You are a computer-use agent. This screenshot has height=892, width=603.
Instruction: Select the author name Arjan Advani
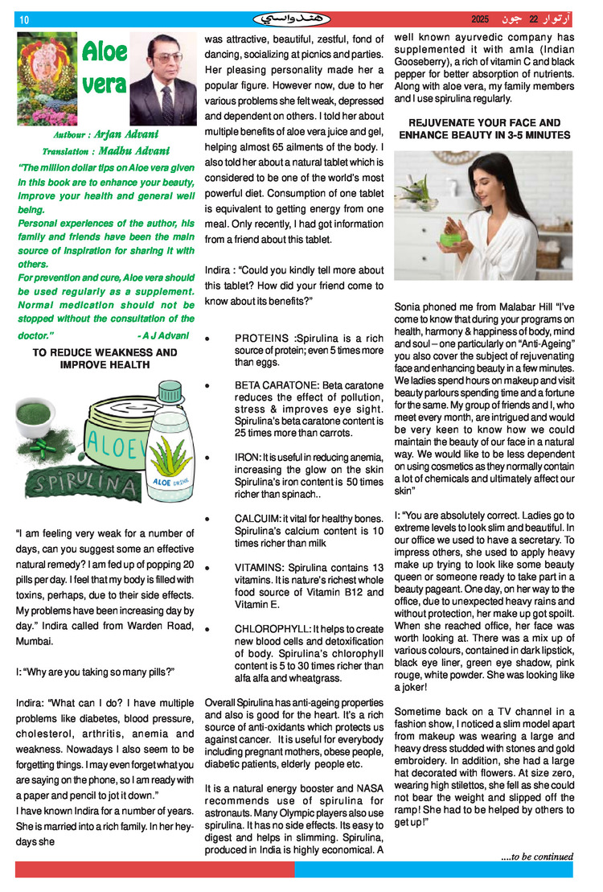click(127, 134)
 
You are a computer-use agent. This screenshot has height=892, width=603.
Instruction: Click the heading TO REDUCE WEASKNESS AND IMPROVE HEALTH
click(105, 359)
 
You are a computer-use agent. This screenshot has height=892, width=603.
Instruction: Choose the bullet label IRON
click(245, 457)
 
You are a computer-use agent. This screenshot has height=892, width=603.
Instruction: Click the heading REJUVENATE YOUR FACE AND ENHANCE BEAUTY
click(485, 129)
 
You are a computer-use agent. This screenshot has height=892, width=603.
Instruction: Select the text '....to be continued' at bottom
click(536, 856)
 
